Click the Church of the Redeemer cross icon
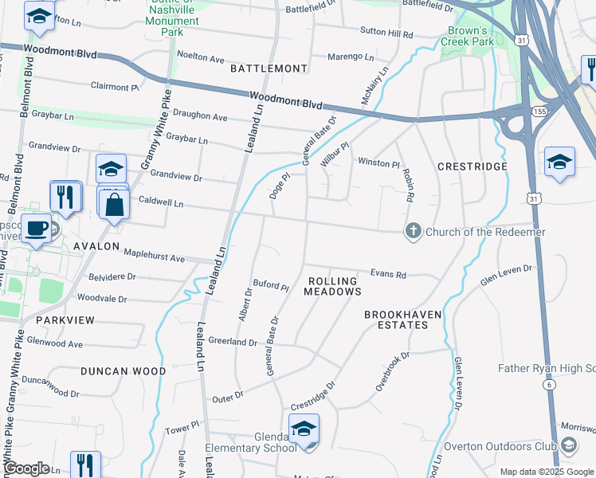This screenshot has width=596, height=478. click(413, 232)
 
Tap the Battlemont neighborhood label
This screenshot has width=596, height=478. click(269, 69)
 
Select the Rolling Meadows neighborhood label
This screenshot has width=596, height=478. click(332, 287)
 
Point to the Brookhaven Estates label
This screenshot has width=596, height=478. click(402, 320)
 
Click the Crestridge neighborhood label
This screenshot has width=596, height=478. click(472, 167)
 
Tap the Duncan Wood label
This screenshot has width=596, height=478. click(124, 371)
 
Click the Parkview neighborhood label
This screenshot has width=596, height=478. click(66, 320)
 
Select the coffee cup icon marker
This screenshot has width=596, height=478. click(36, 229)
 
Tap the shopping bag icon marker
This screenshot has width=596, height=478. click(116, 203)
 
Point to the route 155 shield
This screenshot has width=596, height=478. click(540, 110)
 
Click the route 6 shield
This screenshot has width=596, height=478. click(549, 384)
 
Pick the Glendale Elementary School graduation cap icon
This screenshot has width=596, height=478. click(304, 429)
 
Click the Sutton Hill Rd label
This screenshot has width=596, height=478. click(386, 35)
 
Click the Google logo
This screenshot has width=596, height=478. click(27, 468)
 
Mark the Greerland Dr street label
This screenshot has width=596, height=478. click(233, 343)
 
